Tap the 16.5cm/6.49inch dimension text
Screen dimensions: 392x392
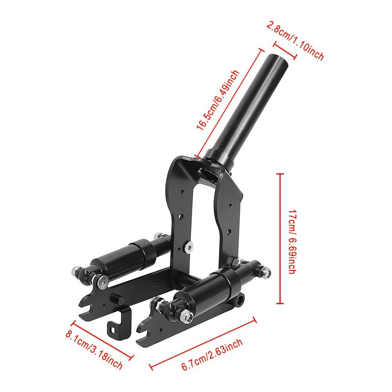pyautogui.click(x=218, y=100)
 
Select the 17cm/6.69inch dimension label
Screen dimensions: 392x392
pyautogui.click(x=292, y=241)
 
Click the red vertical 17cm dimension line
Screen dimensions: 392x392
pyautogui.click(x=280, y=238)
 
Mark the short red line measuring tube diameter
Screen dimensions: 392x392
pyautogui.click(x=285, y=51)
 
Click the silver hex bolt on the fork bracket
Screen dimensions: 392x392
pyautogui.click(x=189, y=247)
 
